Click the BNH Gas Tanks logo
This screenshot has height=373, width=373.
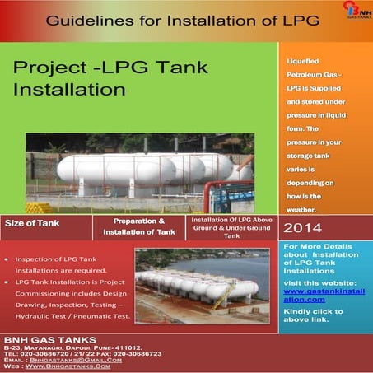point(352,16)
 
